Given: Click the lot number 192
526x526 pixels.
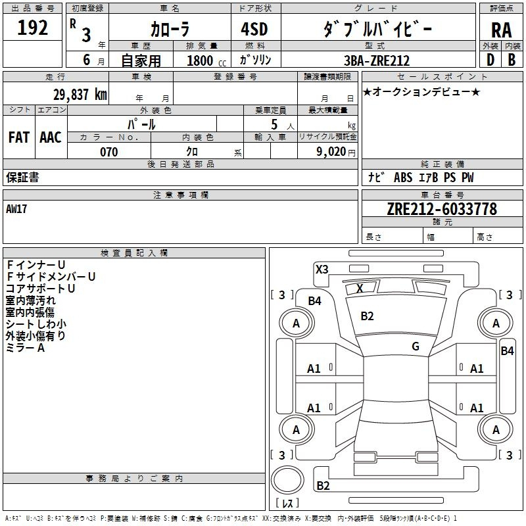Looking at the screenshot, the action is point(32,28).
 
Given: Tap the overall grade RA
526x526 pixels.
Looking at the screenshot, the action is point(502,30).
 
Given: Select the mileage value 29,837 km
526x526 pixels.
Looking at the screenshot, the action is point(80,95).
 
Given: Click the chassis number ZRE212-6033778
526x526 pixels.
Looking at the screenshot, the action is point(442,209).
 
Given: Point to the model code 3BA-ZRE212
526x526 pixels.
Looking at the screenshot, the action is point(377,60).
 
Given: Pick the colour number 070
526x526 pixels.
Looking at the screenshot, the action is point(109,152).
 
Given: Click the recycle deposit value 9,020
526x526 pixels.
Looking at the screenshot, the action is point(331,152).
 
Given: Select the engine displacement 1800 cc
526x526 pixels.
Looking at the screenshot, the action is point(206,60).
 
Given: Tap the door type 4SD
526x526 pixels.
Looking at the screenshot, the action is point(254,29).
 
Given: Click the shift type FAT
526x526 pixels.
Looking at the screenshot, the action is point(19,137).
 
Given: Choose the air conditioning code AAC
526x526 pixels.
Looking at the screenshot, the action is point(51,137).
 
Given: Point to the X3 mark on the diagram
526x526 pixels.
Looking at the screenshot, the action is point(322,270).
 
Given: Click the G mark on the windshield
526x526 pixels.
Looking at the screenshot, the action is point(416,347).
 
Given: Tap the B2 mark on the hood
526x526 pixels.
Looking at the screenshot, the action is point(367,316).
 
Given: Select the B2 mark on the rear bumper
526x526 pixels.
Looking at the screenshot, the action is point(323,485).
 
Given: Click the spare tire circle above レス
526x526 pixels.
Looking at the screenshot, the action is point(287,479).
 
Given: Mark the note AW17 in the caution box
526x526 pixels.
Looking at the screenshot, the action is point(16,209).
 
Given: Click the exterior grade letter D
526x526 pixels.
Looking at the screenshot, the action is point(490,60).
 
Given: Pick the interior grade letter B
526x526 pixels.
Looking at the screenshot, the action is point(512,60).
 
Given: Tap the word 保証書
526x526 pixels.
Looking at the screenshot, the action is point(22,177).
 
